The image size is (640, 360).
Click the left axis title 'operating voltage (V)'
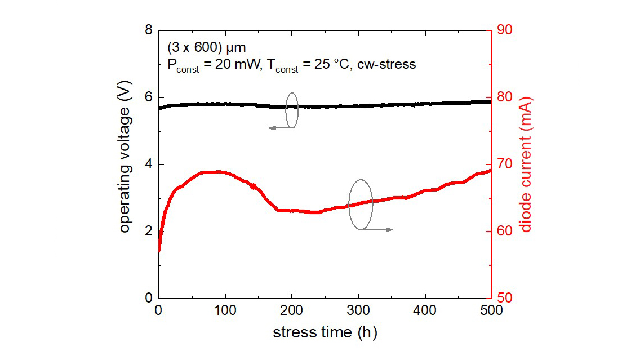[125, 164]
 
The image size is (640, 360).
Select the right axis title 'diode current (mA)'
[526, 164]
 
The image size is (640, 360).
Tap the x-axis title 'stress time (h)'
[325, 332]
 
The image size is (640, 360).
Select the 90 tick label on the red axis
[504, 30]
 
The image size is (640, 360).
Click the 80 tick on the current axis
[504, 97]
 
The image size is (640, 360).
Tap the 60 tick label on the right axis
[504, 231]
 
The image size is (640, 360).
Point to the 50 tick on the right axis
[504, 298]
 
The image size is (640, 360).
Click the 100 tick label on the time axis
[225, 310]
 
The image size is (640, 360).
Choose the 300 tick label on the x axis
[358, 310]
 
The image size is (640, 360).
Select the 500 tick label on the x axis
[491, 310]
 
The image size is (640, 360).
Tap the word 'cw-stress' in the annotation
[389, 64]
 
